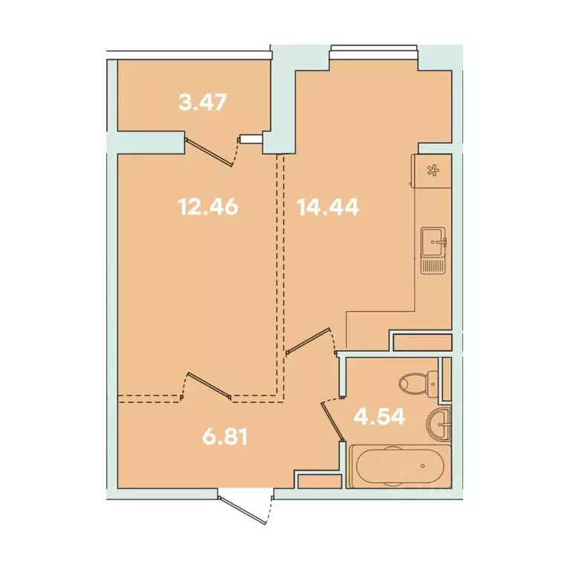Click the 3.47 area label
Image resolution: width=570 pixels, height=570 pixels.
tap(202, 102)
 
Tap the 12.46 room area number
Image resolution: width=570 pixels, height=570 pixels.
tap(208, 206)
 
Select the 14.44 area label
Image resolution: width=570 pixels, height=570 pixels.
tap(328, 206)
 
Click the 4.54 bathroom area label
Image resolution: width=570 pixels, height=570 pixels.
tap(380, 416)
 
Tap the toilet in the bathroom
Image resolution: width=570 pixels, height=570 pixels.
tap(416, 384)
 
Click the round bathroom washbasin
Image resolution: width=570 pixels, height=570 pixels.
tap(439, 424)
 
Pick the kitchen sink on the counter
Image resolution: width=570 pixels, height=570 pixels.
tap(433, 241)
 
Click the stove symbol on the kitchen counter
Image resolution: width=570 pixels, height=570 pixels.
tap(431, 170)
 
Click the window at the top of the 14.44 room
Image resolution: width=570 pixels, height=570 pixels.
tap(374, 50)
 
